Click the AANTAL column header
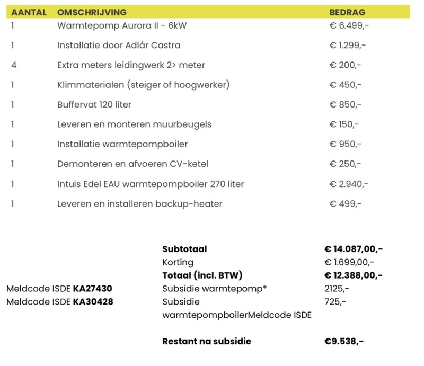(29, 12)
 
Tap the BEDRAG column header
(347, 12)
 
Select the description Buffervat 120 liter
(94, 104)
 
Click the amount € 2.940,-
(349, 184)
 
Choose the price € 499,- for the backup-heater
(345, 204)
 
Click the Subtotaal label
(184, 249)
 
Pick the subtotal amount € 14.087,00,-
(354, 249)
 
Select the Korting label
(178, 262)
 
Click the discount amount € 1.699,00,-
(349, 262)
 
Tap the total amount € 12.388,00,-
(354, 275)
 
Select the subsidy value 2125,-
(337, 289)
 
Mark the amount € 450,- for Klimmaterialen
(345, 85)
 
